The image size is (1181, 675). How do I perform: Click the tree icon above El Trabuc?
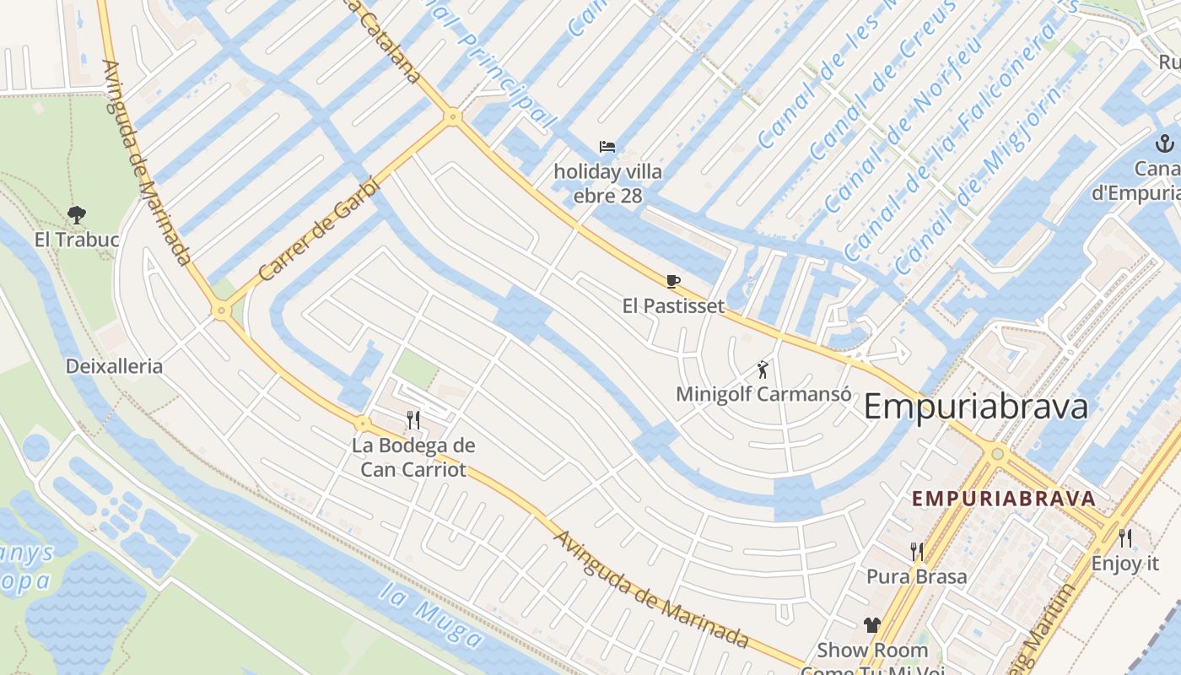(77, 215)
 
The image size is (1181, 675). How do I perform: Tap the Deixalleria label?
(114, 366)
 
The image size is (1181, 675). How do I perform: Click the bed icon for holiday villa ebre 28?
(607, 147)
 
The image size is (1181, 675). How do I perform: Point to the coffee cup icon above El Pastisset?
(672, 281)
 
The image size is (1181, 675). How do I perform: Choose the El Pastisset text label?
(673, 305)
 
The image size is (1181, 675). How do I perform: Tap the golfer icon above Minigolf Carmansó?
(763, 370)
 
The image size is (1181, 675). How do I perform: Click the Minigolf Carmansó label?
(763, 394)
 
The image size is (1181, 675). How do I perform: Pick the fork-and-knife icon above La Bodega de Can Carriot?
(413, 419)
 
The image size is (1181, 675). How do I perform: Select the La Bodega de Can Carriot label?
(413, 457)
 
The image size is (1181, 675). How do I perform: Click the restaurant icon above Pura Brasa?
(917, 552)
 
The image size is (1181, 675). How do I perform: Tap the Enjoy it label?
(1125, 563)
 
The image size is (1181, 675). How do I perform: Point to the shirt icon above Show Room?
(872, 625)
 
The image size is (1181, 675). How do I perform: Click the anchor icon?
(1165, 143)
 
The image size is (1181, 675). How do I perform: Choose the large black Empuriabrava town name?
(976, 408)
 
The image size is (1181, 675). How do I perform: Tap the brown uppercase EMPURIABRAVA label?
(1004, 498)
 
